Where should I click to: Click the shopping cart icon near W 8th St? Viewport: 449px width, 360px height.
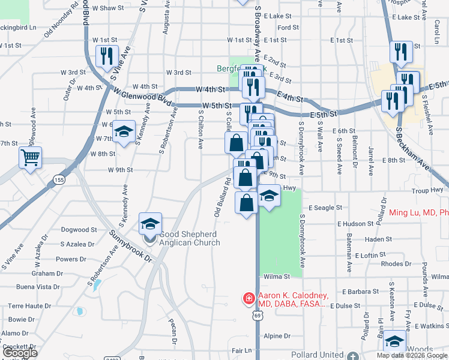click(30, 159)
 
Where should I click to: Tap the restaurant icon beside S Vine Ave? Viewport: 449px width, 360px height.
click(107, 57)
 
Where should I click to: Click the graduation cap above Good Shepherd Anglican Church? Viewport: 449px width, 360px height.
click(150, 224)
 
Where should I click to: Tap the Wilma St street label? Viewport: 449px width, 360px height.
click(277, 277)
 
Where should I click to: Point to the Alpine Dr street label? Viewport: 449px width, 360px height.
click(277, 336)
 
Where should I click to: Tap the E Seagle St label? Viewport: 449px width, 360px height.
click(325, 208)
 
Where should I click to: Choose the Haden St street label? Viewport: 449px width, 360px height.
click(378, 239)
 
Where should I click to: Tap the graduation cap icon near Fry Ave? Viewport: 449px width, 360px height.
click(394, 341)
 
